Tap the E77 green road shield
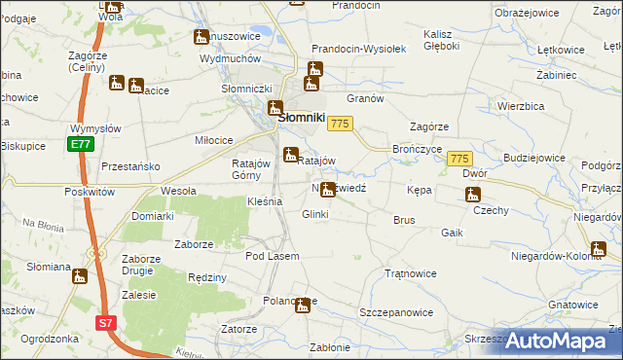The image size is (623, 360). (81, 145)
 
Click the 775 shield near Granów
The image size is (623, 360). (340, 124)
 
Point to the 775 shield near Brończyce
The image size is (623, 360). (460, 159)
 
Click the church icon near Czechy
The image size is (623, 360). (471, 195)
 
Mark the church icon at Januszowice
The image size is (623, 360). (201, 38)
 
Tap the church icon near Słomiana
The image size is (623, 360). (79, 276)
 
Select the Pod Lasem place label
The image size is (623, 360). (272, 256)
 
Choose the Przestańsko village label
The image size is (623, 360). (129, 166)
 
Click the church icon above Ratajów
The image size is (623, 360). (290, 155)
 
